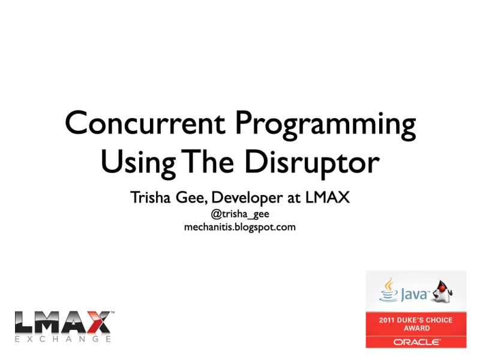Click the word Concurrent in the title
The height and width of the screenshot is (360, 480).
[145, 124]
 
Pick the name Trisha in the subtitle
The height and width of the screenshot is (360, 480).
[153, 197]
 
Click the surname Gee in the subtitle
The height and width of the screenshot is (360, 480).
[193, 197]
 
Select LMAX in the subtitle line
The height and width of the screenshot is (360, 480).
[328, 197]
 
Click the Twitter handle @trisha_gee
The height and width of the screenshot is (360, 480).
[239, 215]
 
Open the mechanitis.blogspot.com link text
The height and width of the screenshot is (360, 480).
[239, 227]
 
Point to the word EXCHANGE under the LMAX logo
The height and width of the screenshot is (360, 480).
[63, 339]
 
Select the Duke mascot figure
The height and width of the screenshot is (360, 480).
[443, 290]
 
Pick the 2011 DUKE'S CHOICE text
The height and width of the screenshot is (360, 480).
[416, 320]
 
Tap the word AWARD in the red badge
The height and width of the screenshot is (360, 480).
[416, 328]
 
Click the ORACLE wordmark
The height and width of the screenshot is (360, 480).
[416, 342]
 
